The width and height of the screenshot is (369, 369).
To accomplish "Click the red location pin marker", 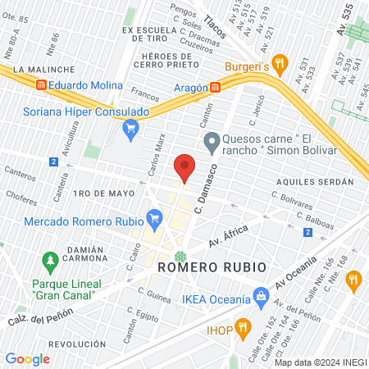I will tap(185, 166).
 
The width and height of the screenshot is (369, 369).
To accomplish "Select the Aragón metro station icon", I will tap(215, 86).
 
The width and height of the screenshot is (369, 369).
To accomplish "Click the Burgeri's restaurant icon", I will tap(279, 61).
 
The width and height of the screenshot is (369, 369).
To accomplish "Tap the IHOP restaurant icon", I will tap(242, 330).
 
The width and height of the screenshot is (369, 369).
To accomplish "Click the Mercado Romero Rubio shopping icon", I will tap(153, 218).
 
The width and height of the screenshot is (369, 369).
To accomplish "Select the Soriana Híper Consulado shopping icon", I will tap(130, 128).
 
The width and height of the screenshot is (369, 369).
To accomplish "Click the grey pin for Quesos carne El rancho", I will tap(212, 143).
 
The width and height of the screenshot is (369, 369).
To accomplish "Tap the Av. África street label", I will tap(228, 239).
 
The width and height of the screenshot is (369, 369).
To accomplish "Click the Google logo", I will tap(27, 358).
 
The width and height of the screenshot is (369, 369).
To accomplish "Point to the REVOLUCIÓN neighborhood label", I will tap(77, 344).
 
